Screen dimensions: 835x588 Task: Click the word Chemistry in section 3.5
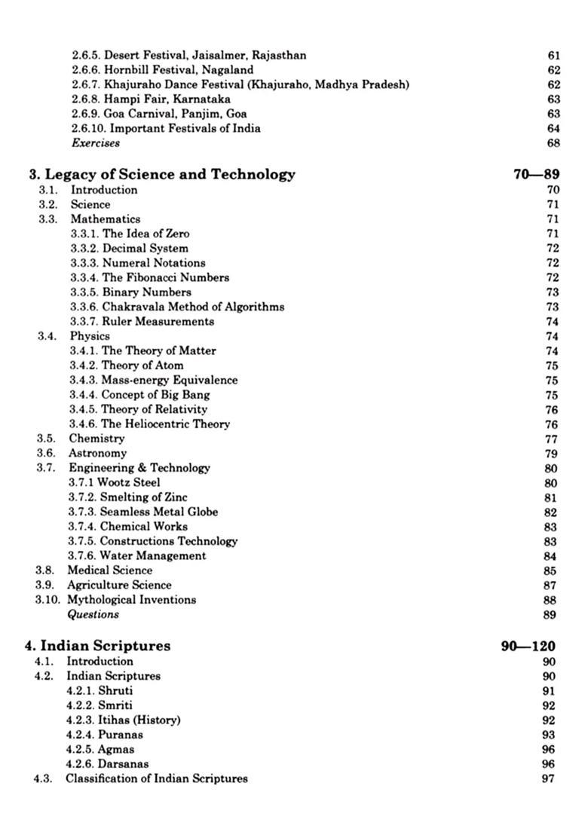pos(96,438)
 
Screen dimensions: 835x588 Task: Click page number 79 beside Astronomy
pos(550,453)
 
